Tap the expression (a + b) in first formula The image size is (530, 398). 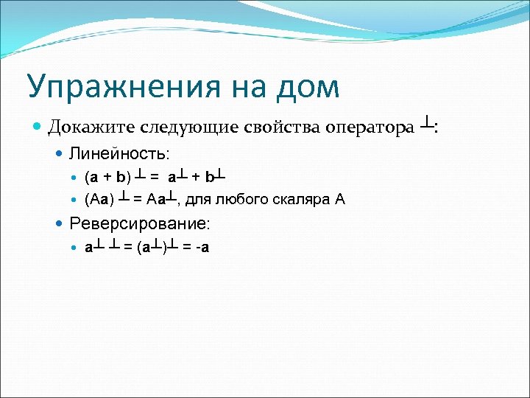(x=108, y=178)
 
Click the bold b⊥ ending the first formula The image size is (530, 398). (x=215, y=177)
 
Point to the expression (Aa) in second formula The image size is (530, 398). (x=99, y=199)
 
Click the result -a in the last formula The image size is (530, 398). (x=201, y=247)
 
